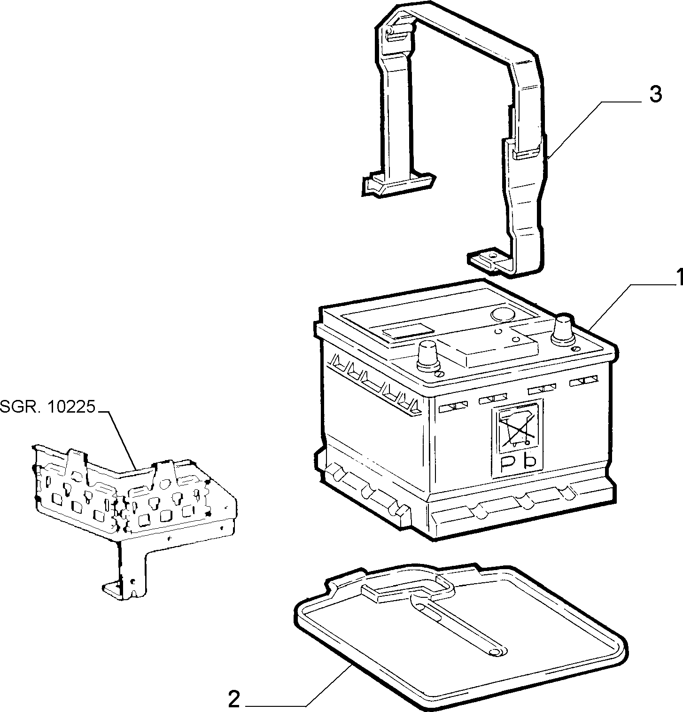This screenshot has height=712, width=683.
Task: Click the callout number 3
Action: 655,94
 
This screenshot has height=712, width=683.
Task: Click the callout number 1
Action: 678,277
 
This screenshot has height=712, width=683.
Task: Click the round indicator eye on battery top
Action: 503,315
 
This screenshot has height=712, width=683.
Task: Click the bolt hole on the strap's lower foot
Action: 491,256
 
